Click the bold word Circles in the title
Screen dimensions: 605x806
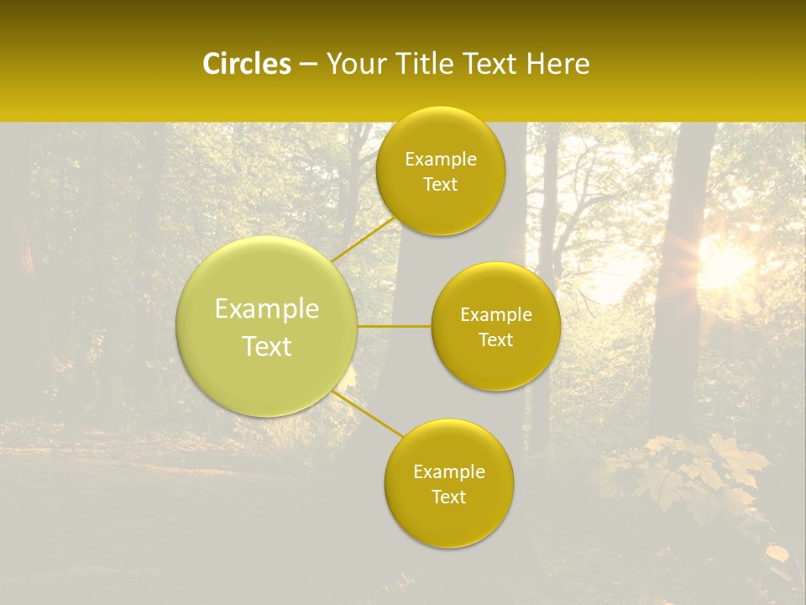pos(246,64)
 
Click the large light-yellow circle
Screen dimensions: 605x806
pos(267,370)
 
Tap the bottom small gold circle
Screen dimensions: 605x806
pos(448,521)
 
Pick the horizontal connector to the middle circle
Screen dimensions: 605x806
pos(394,326)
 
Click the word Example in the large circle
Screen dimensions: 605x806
pos(267,309)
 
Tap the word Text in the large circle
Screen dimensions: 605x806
pos(267,346)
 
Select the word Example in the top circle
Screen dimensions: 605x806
pos(440,160)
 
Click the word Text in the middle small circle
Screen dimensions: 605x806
pos(495,339)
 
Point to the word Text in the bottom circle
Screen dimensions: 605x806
pos(448,497)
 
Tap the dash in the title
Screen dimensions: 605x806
pos(308,64)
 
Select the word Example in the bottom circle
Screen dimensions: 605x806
pos(448,471)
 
